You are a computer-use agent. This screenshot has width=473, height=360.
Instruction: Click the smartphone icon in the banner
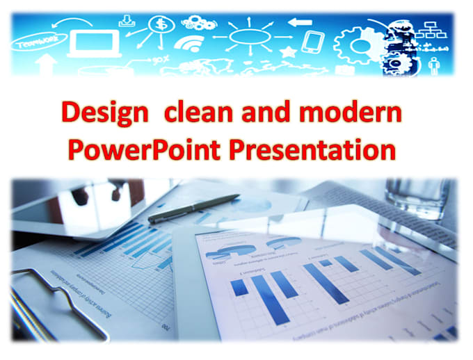click(312, 42)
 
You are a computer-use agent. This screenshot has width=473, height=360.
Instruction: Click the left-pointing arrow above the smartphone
click(300, 22)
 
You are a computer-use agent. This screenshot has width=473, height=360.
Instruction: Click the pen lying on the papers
click(194, 208)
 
